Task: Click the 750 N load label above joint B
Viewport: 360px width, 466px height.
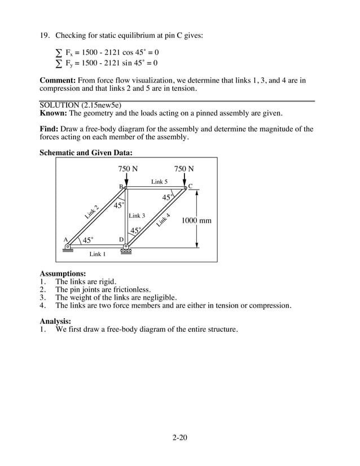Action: coord(128,169)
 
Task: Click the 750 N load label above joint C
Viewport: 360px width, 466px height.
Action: coord(184,169)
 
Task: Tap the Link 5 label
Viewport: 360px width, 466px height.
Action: coord(159,182)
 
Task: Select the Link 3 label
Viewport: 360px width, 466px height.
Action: coord(137,216)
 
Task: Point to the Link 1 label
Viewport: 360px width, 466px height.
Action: coord(98,254)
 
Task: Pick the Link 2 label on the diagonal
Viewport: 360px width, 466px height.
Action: coord(92,212)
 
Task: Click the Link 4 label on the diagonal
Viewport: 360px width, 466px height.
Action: coord(164,219)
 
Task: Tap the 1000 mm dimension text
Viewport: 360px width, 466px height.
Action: coord(196,221)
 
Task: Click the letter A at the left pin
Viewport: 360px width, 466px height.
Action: coord(65,239)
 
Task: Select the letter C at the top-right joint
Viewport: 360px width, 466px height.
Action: coord(190,186)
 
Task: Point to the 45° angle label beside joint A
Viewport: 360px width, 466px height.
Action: coord(88,240)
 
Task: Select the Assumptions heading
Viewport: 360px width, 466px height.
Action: coord(63,273)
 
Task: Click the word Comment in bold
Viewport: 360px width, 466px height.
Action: coord(58,80)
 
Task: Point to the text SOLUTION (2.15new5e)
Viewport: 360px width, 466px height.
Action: coord(80,105)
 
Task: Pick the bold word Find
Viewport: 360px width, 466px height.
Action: coord(49,129)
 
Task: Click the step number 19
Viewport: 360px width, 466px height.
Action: coord(44,35)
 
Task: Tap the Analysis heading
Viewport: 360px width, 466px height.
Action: coord(55,321)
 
